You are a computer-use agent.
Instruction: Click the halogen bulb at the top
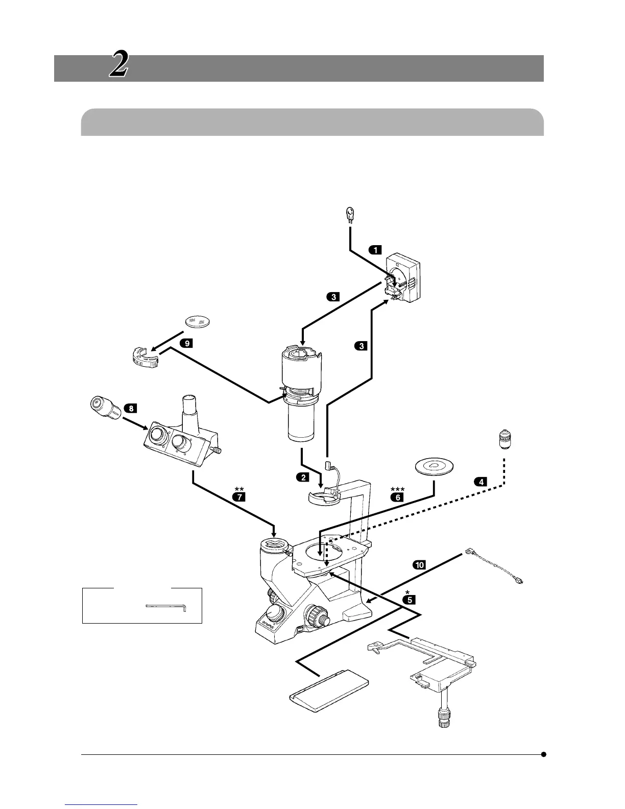tap(350, 215)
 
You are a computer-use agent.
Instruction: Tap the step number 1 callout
tap(375, 250)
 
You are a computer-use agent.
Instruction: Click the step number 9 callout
tap(187, 343)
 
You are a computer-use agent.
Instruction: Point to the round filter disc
tap(199, 321)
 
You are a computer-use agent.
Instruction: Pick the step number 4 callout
tap(480, 481)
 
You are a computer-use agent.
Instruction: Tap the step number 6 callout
tap(397, 496)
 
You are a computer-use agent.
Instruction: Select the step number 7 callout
tap(238, 496)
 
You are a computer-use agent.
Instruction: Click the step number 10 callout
tap(419, 565)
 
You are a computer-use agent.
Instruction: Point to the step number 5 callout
tap(409, 600)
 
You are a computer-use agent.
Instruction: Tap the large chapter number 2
tap(118, 66)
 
